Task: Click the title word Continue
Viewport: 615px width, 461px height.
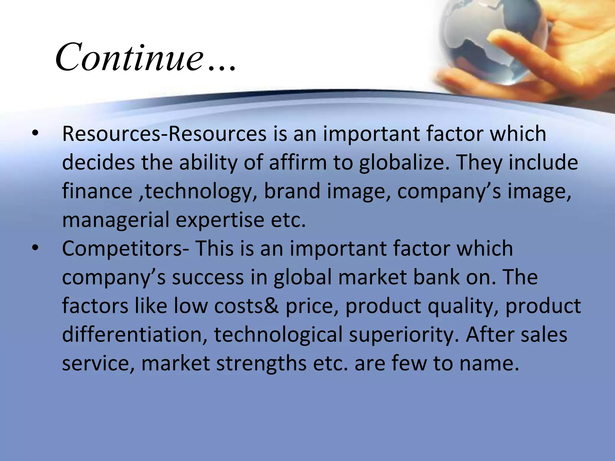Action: [129, 57]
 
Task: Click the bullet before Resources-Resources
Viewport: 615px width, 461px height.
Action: [35, 133]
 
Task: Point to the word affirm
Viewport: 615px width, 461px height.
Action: [298, 162]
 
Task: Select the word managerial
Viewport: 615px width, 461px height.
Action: [116, 220]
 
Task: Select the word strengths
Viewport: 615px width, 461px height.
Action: [261, 363]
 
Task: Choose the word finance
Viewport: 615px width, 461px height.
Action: [97, 191]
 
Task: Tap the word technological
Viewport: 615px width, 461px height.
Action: [278, 334]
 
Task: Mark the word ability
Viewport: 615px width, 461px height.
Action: [208, 163]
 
